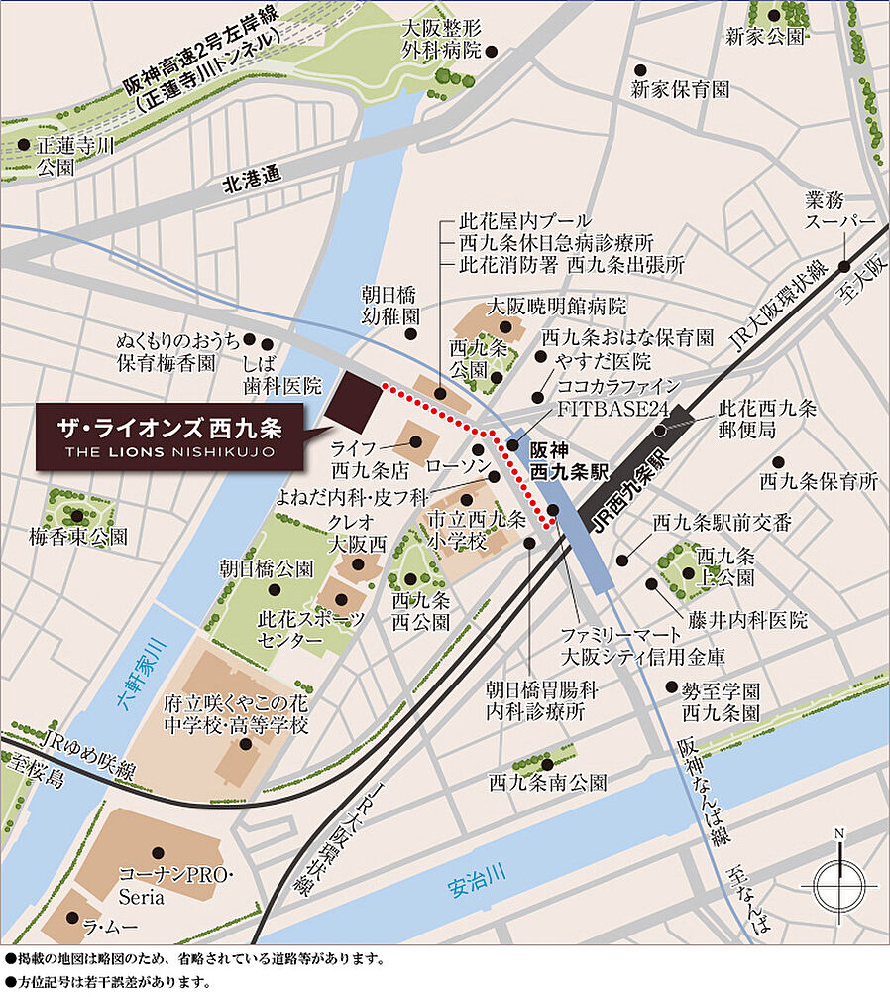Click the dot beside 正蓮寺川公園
23,145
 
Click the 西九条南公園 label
547,782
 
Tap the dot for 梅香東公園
77,516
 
